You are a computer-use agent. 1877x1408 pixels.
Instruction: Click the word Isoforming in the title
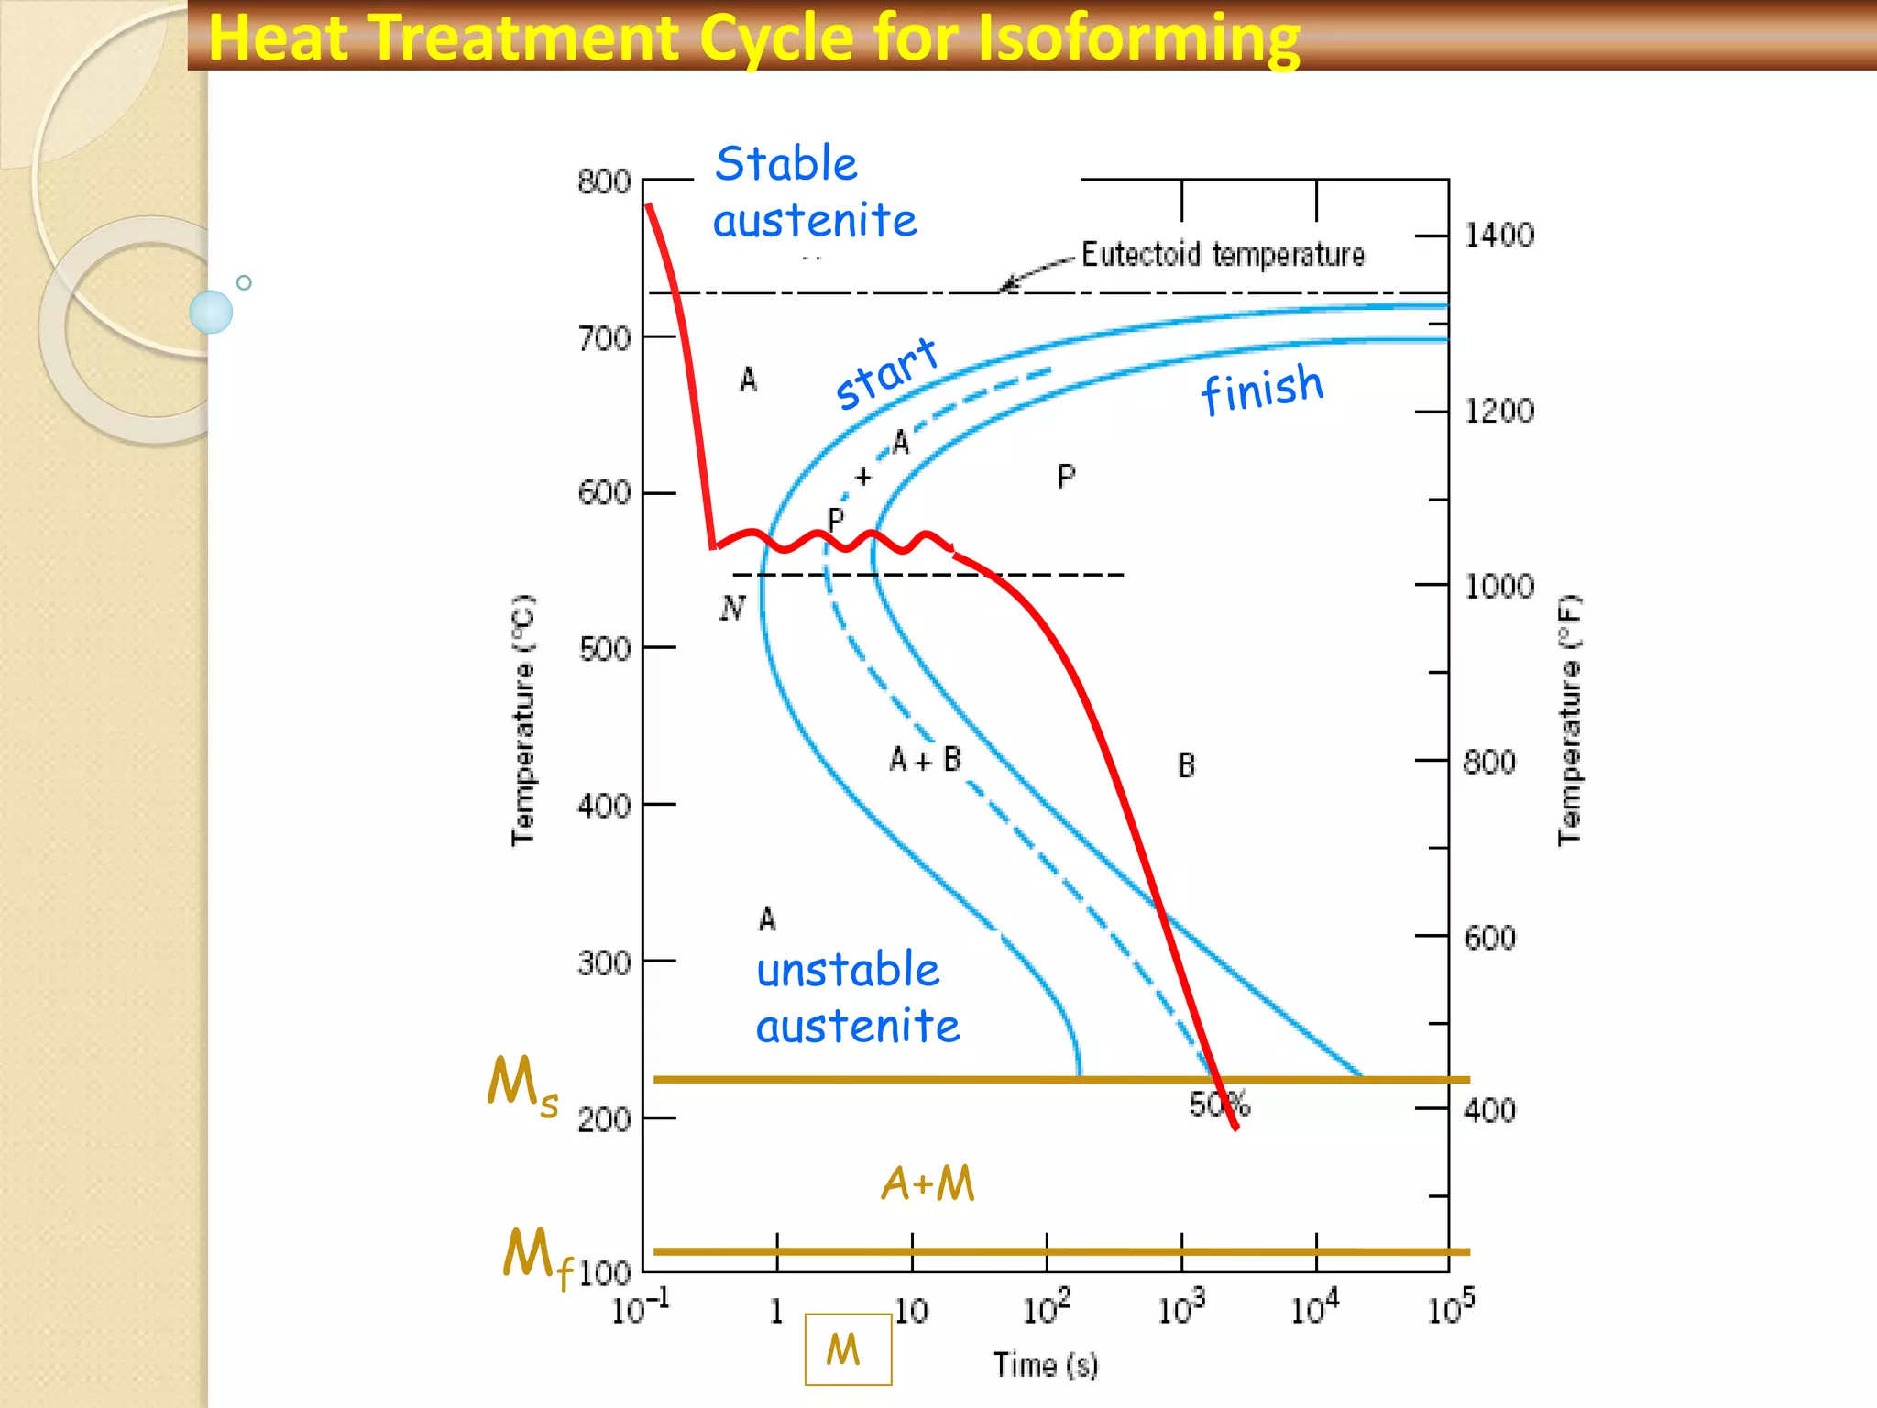coord(1138,38)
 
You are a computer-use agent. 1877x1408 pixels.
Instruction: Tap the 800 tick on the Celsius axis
coord(604,181)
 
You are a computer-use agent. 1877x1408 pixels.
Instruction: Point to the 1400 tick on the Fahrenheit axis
coord(1498,236)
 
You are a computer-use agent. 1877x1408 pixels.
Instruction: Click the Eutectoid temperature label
coord(1223,254)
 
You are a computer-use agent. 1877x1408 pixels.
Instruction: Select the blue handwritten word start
coord(886,373)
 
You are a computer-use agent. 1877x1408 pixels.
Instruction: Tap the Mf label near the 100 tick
coord(537,1258)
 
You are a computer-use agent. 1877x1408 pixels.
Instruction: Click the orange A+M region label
coord(928,1183)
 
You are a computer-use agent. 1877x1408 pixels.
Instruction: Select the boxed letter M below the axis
coord(847,1349)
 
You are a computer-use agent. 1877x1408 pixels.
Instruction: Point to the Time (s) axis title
coord(1046,1365)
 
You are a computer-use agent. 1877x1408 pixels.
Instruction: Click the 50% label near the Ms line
coord(1219,1105)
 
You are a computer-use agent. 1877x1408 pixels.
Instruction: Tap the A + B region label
coord(925,760)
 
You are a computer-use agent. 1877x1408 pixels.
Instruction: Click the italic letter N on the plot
coord(732,608)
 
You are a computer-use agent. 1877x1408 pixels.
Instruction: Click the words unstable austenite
coord(856,998)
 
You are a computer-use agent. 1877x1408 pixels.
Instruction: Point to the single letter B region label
coord(1186,765)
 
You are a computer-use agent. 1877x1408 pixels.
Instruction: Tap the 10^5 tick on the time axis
coord(1450,1309)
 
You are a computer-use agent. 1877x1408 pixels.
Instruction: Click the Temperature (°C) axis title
coord(522,720)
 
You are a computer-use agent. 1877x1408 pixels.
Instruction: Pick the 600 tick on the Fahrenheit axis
coord(1489,938)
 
